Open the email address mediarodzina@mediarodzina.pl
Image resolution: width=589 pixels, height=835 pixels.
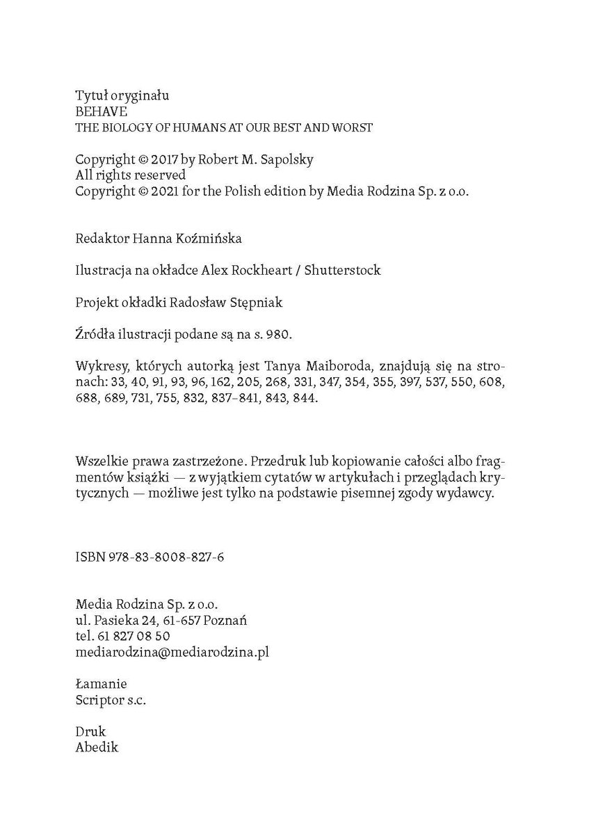[172, 652]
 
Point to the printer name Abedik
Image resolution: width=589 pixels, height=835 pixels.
[97, 747]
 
